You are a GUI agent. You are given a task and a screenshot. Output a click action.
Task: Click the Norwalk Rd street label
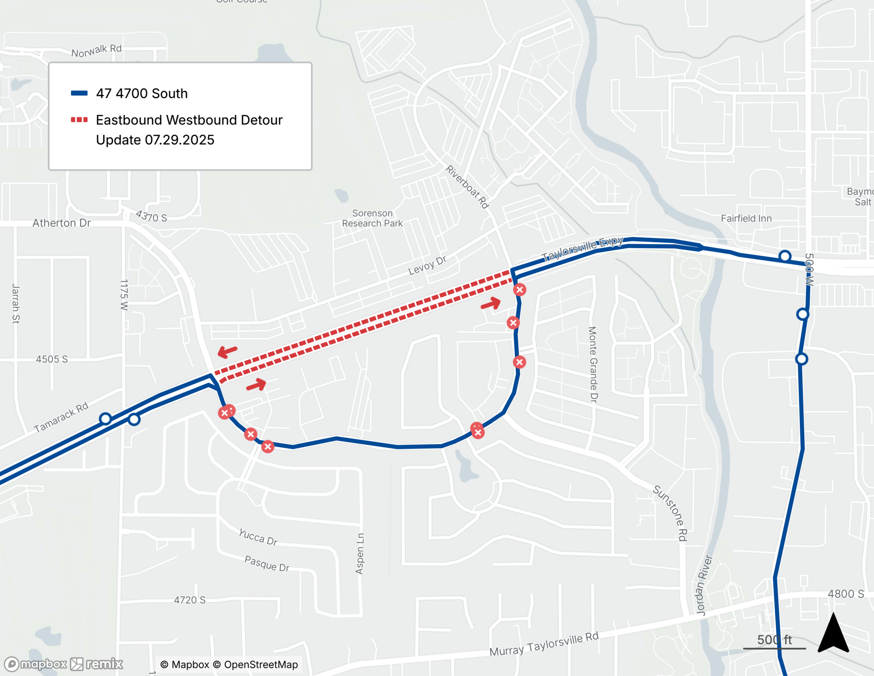point(97,51)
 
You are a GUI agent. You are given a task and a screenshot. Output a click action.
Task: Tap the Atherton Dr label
point(62,223)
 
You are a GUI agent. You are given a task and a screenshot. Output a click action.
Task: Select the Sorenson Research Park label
point(372,218)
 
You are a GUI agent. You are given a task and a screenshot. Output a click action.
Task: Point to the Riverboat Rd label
point(467,187)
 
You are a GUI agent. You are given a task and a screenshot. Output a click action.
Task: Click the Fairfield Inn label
point(746,218)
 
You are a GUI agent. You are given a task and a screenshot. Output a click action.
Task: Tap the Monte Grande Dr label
point(593,364)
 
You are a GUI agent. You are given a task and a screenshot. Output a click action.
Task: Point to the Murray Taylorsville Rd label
point(544,644)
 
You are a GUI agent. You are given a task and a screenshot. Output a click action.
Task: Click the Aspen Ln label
point(360,553)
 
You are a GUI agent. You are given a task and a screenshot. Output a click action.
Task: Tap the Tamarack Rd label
point(61,417)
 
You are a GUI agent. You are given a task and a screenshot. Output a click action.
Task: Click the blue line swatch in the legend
point(79,93)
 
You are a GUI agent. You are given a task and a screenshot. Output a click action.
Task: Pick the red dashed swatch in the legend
point(79,119)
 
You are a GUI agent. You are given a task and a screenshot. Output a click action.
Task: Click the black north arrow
point(833,634)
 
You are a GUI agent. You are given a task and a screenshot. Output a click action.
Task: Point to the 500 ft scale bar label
point(774,640)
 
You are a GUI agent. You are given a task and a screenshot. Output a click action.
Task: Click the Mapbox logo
point(36,664)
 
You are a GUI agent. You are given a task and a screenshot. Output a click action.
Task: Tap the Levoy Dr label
point(427,266)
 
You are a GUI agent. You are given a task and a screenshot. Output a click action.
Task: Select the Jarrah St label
point(16,304)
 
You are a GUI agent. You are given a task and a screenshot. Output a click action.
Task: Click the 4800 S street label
point(846,594)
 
